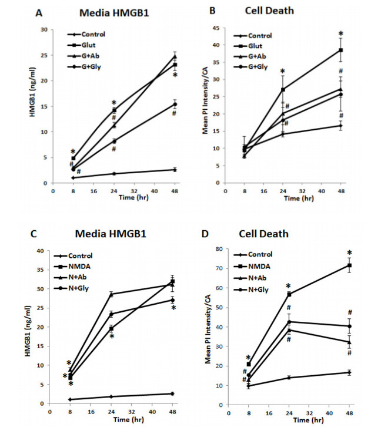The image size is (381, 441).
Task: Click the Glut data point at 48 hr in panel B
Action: [349, 51]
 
